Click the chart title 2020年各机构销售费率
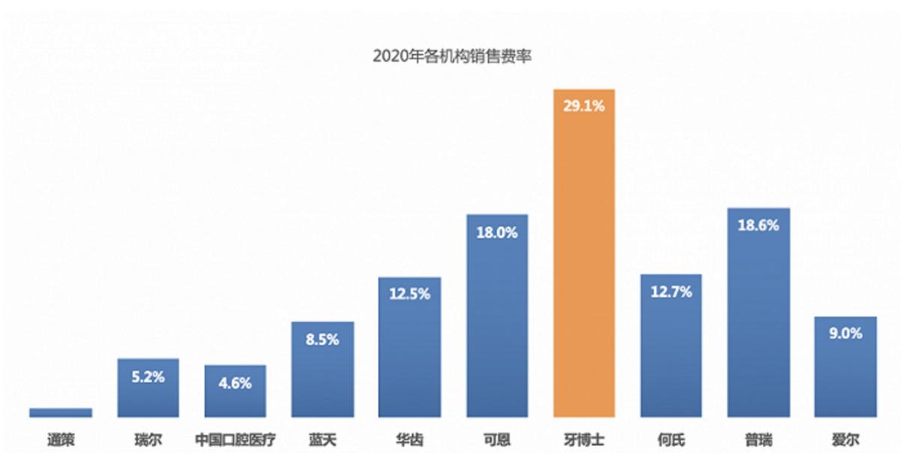coord(451,56)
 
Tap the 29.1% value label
coord(583,107)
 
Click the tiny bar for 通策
coord(61,412)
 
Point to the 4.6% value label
coord(235,383)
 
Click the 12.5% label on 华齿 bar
coord(409,294)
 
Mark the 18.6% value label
coord(758,225)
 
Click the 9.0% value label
coord(845,334)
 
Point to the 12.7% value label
coord(670,293)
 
